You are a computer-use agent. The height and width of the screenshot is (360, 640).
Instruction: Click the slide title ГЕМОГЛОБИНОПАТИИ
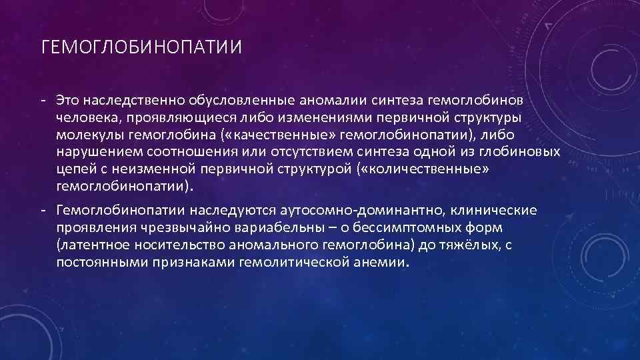click(141, 49)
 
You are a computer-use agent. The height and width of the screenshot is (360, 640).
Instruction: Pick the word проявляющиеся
click(167, 117)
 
